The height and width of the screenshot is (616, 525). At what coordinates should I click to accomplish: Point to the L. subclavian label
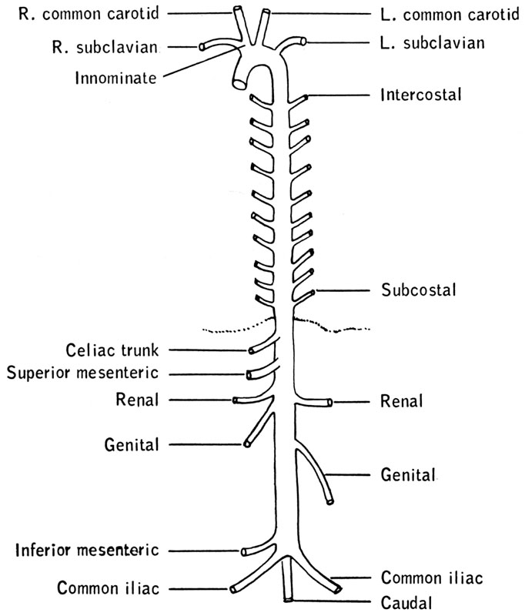[x=433, y=44]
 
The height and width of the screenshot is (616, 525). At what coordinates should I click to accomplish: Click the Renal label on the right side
[x=401, y=401]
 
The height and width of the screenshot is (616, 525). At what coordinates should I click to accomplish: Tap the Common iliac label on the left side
[x=107, y=589]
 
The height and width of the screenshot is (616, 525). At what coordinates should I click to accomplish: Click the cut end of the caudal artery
[x=288, y=598]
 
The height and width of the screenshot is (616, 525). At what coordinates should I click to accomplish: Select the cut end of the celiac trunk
[x=252, y=351]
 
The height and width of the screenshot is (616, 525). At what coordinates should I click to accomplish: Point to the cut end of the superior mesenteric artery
[x=250, y=375]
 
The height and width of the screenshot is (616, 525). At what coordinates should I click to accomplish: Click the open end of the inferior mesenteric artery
[x=245, y=551]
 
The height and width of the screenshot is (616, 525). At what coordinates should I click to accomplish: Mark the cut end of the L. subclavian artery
[x=304, y=41]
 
